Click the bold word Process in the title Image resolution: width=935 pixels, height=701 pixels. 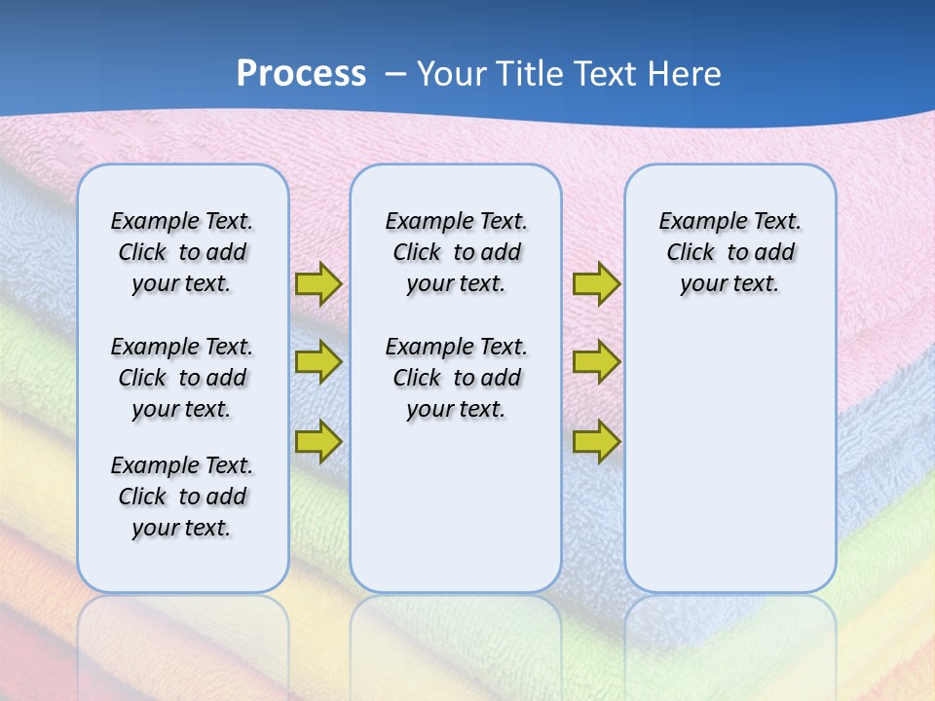(301, 74)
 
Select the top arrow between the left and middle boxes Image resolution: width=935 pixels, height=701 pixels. (318, 283)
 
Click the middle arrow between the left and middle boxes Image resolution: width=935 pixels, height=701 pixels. (318, 362)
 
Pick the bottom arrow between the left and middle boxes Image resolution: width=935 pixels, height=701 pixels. (318, 441)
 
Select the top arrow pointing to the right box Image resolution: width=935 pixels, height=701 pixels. (596, 283)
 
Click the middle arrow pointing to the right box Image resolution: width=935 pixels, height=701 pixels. (596, 362)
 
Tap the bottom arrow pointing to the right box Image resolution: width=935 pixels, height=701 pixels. (596, 441)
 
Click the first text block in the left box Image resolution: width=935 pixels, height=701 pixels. (182, 252)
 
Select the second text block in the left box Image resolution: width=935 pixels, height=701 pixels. (182, 378)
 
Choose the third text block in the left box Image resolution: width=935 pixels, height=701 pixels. (182, 497)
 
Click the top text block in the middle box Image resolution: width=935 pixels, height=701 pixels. (456, 252)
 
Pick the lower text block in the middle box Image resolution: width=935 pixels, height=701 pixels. (456, 378)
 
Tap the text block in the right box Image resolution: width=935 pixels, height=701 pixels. (729, 252)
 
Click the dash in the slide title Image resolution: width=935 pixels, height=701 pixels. (395, 74)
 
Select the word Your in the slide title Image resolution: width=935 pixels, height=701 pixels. (452, 74)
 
